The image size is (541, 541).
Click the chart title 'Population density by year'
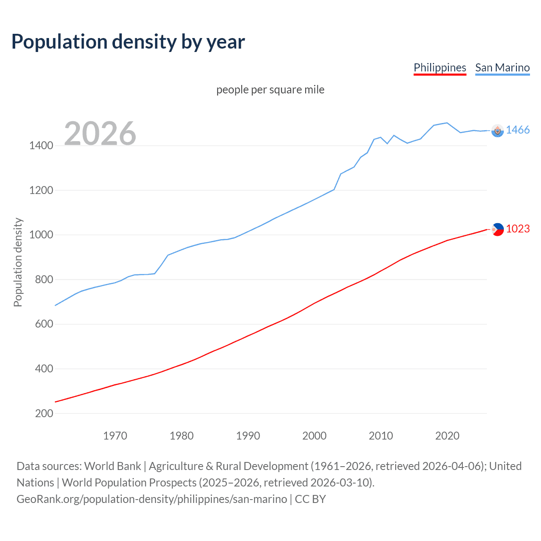tap(128, 41)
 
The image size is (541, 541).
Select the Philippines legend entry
tap(440, 68)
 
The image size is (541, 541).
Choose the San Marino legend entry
tap(502, 68)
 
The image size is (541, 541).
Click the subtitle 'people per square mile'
tap(270, 90)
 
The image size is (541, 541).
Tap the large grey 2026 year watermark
tap(100, 134)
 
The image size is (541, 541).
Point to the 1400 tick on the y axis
tap(41, 146)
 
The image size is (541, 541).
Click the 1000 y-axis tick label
tap(41, 235)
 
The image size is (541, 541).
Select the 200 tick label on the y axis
tap(44, 413)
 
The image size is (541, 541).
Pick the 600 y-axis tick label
tap(44, 324)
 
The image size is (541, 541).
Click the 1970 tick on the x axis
tap(115, 436)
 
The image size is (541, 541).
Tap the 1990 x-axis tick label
tap(248, 436)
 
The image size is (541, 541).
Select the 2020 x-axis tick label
tap(447, 436)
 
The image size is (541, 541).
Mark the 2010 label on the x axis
tap(381, 436)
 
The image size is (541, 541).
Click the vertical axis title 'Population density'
tap(18, 262)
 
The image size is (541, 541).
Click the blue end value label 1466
tap(517, 130)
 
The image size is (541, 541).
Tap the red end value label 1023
tap(517, 229)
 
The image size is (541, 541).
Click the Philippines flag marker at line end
tap(497, 230)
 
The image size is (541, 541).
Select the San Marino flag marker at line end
tap(497, 131)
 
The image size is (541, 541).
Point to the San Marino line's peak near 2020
tap(447, 123)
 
